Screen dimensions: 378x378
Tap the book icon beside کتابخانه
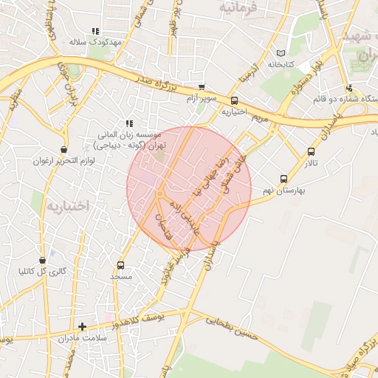[x=279, y=53]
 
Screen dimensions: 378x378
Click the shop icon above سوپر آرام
[x=202, y=87]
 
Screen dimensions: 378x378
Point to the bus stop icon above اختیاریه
[x=234, y=100]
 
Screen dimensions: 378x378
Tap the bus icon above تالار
[x=311, y=152]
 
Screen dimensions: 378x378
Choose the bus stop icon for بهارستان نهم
[x=283, y=179]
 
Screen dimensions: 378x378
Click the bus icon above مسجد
[x=121, y=265]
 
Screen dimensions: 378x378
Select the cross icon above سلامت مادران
[x=82, y=326]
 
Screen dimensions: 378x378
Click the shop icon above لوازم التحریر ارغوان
[x=64, y=150]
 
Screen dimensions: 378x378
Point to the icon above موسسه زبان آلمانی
[x=129, y=123]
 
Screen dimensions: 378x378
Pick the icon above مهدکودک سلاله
[x=95, y=31]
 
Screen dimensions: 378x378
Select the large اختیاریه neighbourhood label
[x=67, y=206]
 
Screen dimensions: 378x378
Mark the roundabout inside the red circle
[x=160, y=194]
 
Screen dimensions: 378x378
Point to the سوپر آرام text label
[x=201, y=98]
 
